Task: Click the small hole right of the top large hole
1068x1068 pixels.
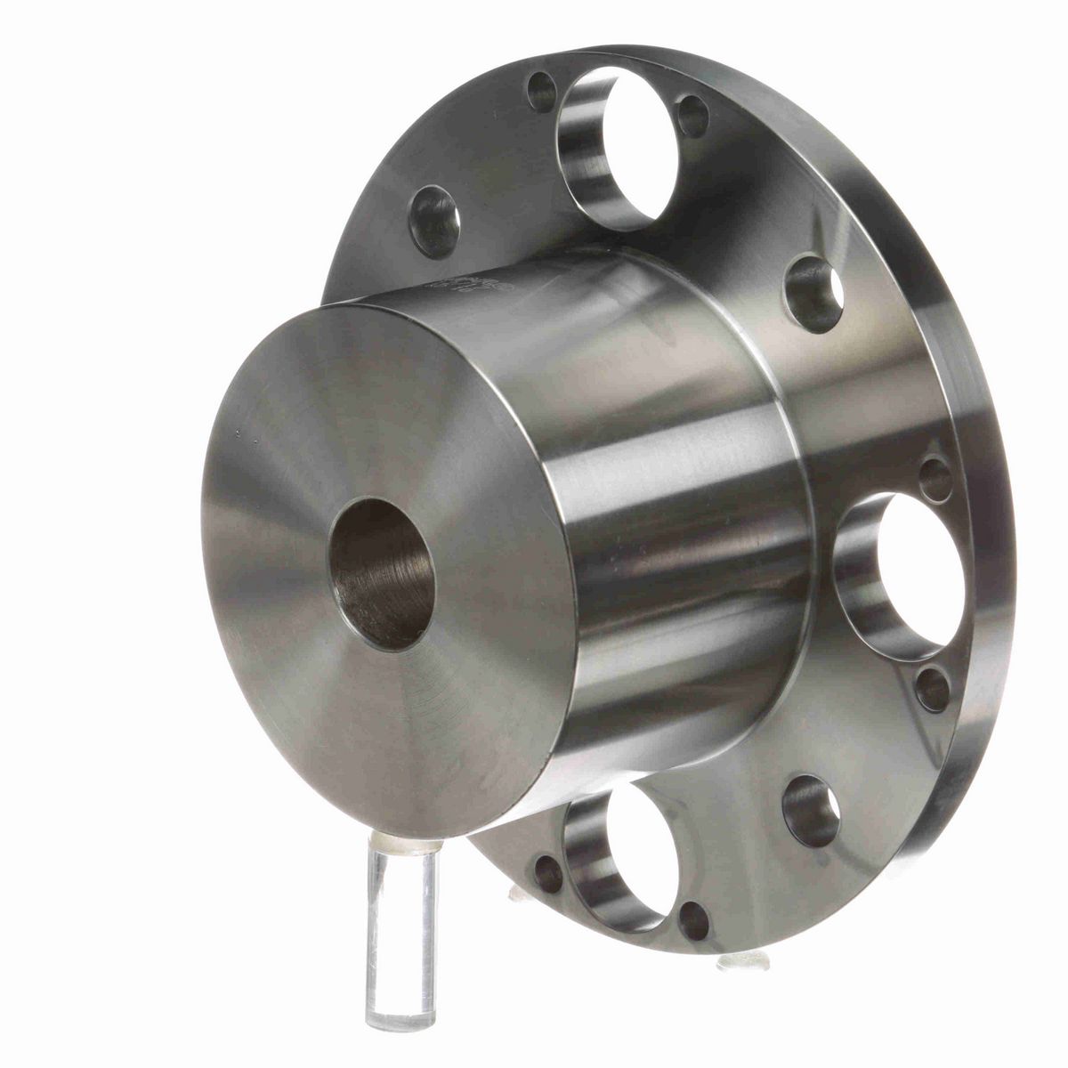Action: (x=692, y=116)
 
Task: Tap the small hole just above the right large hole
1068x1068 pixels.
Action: (x=935, y=479)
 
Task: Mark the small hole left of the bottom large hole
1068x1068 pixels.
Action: (x=548, y=874)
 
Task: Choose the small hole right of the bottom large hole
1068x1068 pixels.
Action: (x=693, y=920)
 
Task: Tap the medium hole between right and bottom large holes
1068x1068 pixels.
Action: (x=811, y=811)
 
